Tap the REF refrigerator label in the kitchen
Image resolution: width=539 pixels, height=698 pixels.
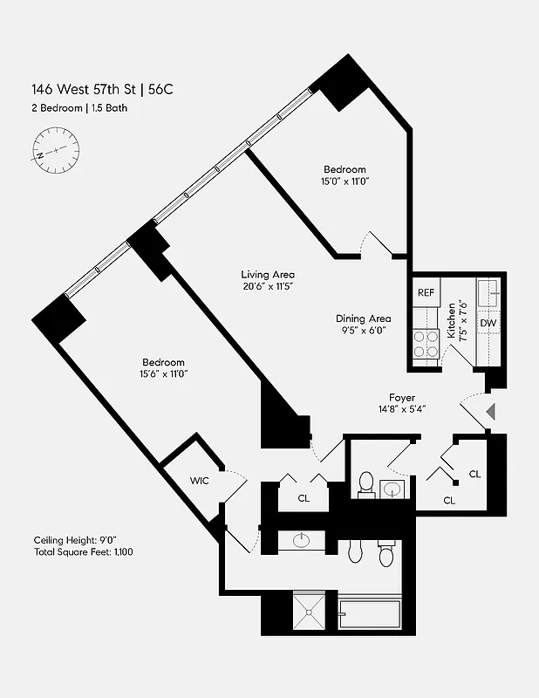click(x=426, y=293)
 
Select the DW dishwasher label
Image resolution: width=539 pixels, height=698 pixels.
click(x=488, y=323)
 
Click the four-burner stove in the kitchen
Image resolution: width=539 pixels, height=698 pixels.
click(x=426, y=345)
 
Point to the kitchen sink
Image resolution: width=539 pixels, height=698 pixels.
click(x=488, y=291)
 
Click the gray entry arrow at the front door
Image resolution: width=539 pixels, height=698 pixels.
click(x=490, y=411)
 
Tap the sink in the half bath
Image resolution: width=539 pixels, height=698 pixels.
click(x=393, y=487)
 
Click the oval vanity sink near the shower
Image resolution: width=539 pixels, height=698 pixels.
click(x=303, y=540)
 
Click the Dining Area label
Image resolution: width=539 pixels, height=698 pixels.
click(x=363, y=318)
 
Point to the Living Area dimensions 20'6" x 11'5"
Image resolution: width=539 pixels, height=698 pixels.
click(x=268, y=286)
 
